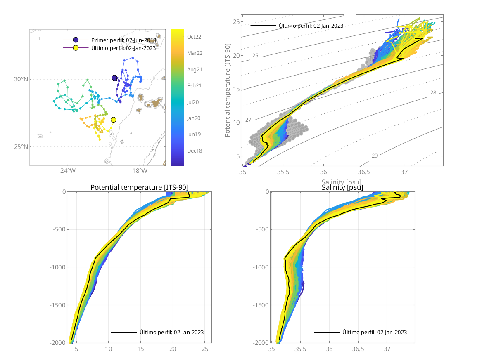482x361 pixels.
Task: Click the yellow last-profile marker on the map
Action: click(x=114, y=120)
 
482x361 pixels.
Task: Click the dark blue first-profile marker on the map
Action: click(x=114, y=78)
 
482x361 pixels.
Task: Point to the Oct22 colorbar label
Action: click(x=194, y=37)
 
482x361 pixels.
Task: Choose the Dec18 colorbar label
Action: click(x=194, y=151)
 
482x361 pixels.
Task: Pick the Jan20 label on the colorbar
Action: click(x=194, y=118)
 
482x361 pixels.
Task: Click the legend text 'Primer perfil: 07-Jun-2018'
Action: click(x=123, y=40)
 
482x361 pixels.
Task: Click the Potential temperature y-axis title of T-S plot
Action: click(x=228, y=91)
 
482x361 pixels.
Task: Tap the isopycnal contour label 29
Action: click(x=375, y=156)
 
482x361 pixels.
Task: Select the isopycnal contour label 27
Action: click(x=248, y=120)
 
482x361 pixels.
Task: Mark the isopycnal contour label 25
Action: click(x=255, y=55)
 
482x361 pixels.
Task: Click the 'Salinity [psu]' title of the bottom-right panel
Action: click(x=342, y=188)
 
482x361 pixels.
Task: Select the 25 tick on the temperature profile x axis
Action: click(x=205, y=349)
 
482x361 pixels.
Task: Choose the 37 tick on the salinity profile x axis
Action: click(x=387, y=349)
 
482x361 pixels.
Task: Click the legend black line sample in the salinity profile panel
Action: click(x=326, y=332)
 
